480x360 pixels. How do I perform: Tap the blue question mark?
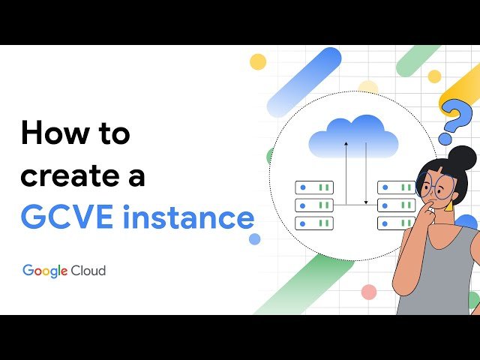[x=456, y=120]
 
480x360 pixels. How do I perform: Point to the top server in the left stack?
[x=314, y=187]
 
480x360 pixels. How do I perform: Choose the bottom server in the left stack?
[x=314, y=223]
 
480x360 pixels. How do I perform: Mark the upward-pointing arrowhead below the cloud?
[x=346, y=142]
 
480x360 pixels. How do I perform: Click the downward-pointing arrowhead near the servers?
[x=365, y=202]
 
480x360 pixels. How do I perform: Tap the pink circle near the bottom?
[x=368, y=292]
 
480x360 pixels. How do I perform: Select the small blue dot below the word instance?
[x=254, y=238]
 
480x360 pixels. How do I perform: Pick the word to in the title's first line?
[x=109, y=133]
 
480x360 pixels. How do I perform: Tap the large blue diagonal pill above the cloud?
[x=304, y=82]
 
